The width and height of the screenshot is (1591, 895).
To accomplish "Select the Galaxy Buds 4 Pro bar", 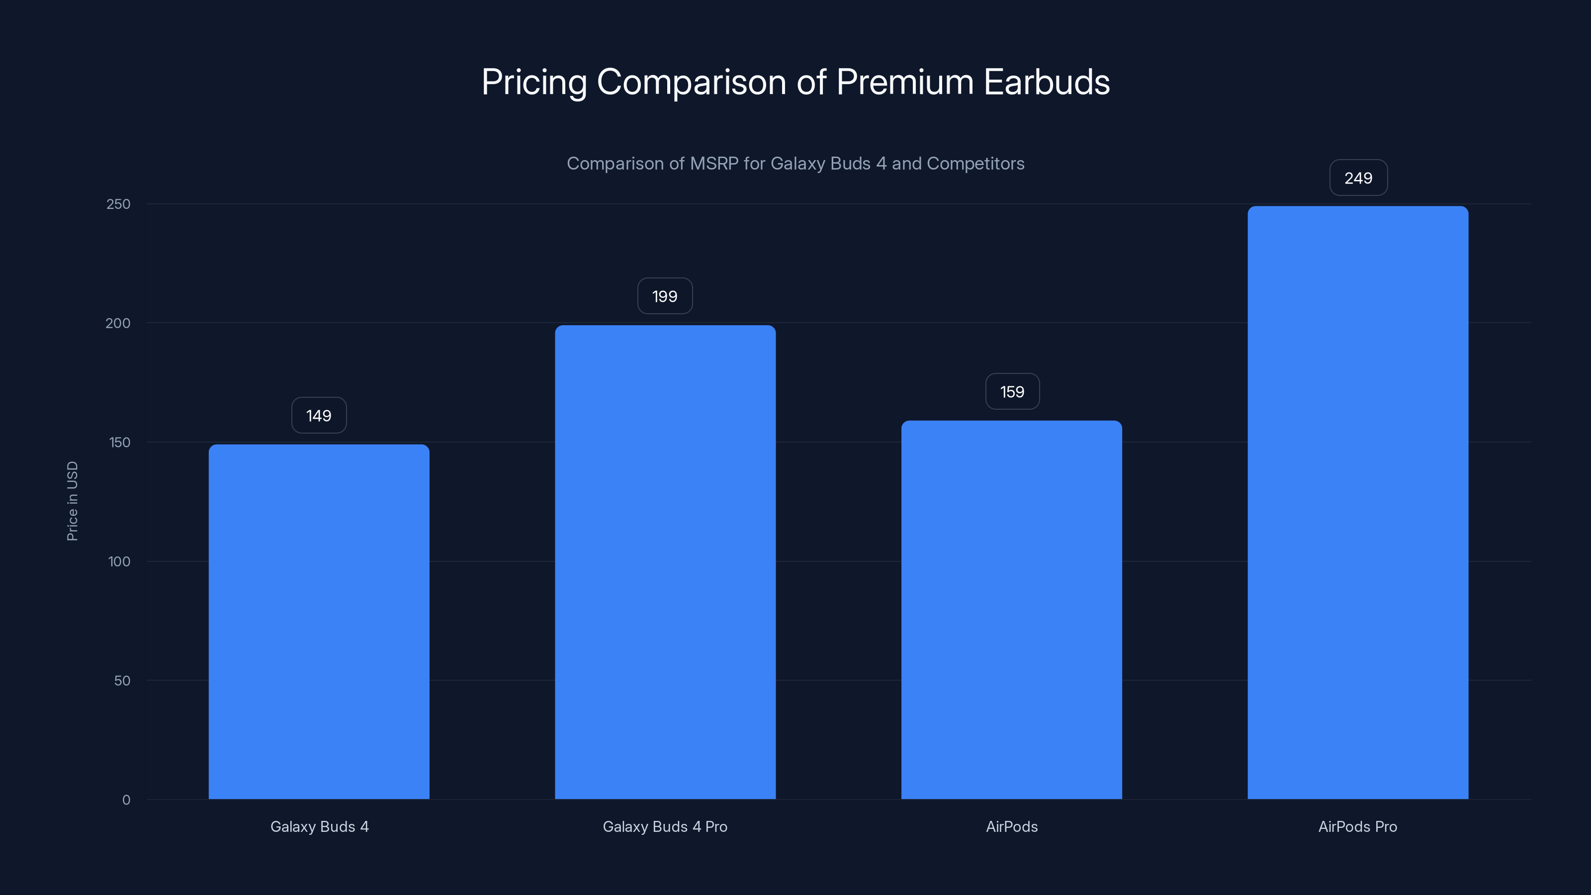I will [665, 561].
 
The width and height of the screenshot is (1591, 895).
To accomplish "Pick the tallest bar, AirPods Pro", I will [1357, 502].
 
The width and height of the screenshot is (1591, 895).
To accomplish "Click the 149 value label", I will [319, 416].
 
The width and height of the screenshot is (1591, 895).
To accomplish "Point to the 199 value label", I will [665, 296].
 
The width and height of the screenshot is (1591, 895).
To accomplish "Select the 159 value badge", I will [1012, 392].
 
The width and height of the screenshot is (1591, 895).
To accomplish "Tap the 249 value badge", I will [1358, 178].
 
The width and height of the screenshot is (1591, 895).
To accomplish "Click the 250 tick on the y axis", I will [119, 204].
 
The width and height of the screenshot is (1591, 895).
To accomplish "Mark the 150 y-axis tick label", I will [119, 442].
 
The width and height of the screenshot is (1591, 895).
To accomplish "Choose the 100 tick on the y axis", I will [119, 561].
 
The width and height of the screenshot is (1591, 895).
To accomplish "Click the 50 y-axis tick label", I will [122, 681].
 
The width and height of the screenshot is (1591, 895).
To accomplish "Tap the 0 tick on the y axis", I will [126, 800].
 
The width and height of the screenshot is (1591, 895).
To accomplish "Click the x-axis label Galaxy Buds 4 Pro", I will [665, 826].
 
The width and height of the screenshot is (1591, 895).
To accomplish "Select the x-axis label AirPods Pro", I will [1357, 826].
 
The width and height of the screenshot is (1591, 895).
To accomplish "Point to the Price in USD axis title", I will [72, 501].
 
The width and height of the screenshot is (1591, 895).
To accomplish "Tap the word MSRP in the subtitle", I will [713, 164].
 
